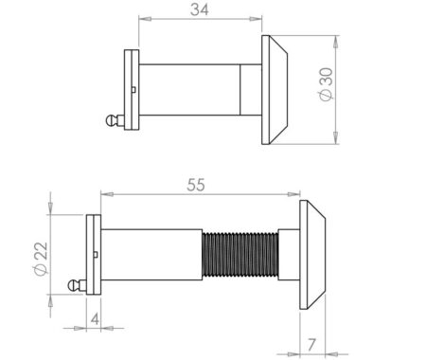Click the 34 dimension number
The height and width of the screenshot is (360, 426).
pyautogui.click(x=199, y=10)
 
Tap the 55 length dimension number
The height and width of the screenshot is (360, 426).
pyautogui.click(x=196, y=187)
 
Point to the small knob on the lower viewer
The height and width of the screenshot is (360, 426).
pyautogui.click(x=73, y=284)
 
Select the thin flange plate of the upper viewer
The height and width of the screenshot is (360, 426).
pyautogui.click(x=131, y=91)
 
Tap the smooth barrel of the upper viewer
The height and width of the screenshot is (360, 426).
pyautogui.click(x=189, y=91)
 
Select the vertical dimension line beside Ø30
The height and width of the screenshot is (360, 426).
pyautogui.click(x=337, y=91)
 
